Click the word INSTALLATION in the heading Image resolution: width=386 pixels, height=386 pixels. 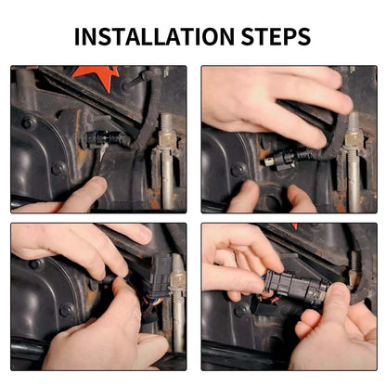(x=154, y=37)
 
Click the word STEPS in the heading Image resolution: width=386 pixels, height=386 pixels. (x=276, y=37)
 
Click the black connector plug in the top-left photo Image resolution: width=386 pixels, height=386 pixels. (x=106, y=139)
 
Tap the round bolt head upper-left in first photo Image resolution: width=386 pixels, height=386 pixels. (x=29, y=122)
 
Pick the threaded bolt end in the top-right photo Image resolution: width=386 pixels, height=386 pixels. (x=354, y=123)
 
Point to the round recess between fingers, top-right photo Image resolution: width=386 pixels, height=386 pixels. (x=272, y=201)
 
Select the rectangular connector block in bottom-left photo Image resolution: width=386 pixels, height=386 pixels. (x=161, y=273)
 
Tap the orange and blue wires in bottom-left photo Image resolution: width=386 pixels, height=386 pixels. (x=153, y=301)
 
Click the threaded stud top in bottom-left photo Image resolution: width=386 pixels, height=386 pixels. (x=178, y=264)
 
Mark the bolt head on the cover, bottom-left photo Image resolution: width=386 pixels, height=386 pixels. (x=67, y=310)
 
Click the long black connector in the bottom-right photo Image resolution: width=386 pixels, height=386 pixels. (x=298, y=286)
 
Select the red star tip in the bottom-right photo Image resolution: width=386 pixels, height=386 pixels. (x=294, y=225)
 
